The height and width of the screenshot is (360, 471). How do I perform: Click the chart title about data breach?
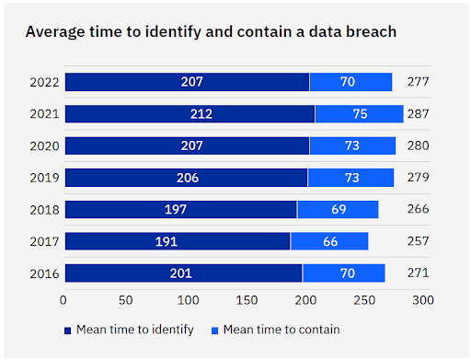click(211, 32)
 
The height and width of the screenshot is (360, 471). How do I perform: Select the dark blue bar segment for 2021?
click(190, 114)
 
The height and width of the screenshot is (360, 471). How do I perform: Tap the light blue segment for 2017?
click(329, 241)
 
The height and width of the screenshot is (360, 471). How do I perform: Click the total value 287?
click(418, 114)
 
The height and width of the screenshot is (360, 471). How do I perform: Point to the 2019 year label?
click(44, 178)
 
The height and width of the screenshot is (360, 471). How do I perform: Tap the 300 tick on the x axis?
click(423, 300)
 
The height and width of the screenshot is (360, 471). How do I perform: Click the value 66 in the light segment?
click(329, 241)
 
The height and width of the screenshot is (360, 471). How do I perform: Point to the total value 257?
click(418, 241)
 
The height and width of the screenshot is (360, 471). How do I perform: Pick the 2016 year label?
click(44, 273)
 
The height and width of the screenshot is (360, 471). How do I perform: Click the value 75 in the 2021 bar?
click(360, 114)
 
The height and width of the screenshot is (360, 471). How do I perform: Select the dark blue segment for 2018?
click(180, 209)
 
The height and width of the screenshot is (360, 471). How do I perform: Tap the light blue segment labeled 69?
click(339, 209)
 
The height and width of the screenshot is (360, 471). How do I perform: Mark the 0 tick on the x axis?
click(63, 300)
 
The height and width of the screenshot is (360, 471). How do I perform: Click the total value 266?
click(418, 209)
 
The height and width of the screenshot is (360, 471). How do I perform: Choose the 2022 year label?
click(44, 82)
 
